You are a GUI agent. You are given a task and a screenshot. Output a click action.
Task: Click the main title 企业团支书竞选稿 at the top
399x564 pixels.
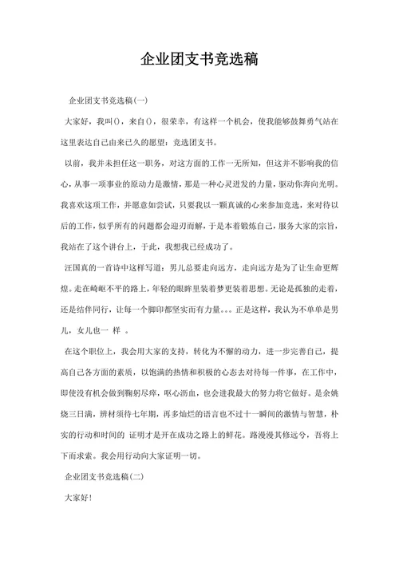[199, 60]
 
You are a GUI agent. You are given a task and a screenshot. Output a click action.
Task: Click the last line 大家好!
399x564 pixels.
[77, 498]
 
